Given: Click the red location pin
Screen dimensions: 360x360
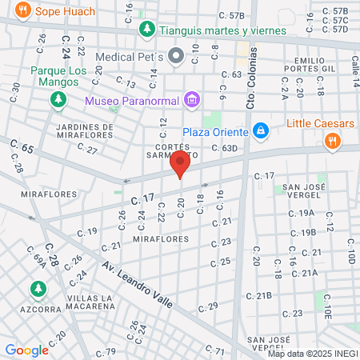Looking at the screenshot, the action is [180, 166].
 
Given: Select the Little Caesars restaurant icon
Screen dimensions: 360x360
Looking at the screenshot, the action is [331, 141].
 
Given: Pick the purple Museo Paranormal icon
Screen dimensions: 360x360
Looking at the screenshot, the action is [190, 100].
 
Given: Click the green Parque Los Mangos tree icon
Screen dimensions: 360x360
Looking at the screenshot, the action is [58, 99].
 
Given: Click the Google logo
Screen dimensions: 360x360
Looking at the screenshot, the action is [26, 350].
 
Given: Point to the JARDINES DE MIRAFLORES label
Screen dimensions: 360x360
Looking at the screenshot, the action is [85, 131].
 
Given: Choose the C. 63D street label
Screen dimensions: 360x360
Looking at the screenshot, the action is [225, 148].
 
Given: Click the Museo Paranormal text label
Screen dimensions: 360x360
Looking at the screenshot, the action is [132, 101].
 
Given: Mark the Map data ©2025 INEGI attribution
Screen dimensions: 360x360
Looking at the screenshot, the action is [313, 353].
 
